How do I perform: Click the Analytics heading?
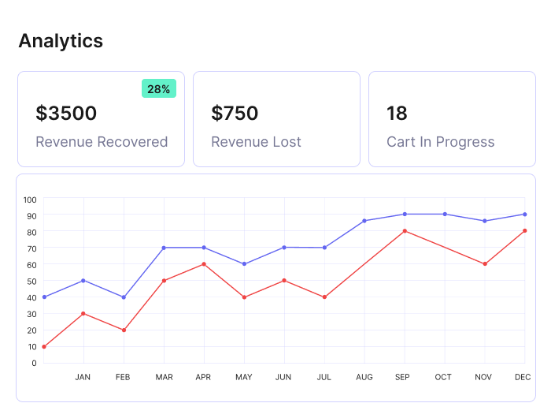[x=61, y=40]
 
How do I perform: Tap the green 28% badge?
[x=158, y=89]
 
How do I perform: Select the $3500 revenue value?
[x=66, y=114]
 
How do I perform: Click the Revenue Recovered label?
[x=102, y=142]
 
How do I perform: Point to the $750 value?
[x=235, y=114]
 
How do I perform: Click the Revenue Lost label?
[x=256, y=142]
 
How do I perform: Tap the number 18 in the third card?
[x=397, y=114]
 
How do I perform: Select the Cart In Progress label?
[x=440, y=142]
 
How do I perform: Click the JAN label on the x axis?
[x=83, y=378]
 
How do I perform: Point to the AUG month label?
[x=364, y=378]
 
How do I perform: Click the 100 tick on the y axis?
[x=30, y=199]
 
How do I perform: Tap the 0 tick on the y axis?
[x=33, y=363]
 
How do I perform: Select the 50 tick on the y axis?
[x=31, y=281]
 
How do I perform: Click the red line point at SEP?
[x=405, y=231]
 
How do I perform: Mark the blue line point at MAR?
[x=164, y=248]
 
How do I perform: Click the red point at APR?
[x=204, y=264]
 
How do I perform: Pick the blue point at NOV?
[x=485, y=221]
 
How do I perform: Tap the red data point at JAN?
[x=83, y=313]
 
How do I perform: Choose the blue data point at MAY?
[x=244, y=264]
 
